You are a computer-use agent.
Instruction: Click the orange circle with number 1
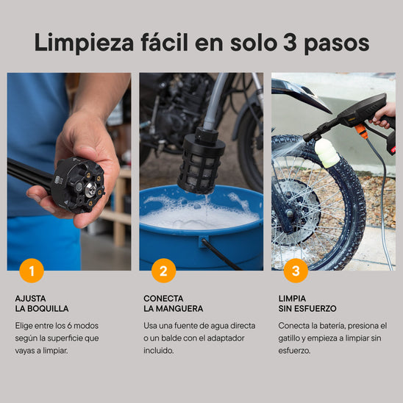pyautogui.click(x=31, y=271)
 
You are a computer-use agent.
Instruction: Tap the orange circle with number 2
pyautogui.click(x=163, y=271)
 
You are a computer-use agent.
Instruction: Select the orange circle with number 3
pyautogui.click(x=296, y=271)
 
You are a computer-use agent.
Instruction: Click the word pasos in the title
pyautogui.click(x=337, y=43)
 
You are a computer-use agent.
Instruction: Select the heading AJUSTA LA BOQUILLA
pyautogui.click(x=42, y=304)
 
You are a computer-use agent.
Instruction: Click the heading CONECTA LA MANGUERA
pyautogui.click(x=174, y=304)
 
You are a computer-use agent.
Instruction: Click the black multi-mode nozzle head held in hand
pyautogui.click(x=79, y=185)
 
